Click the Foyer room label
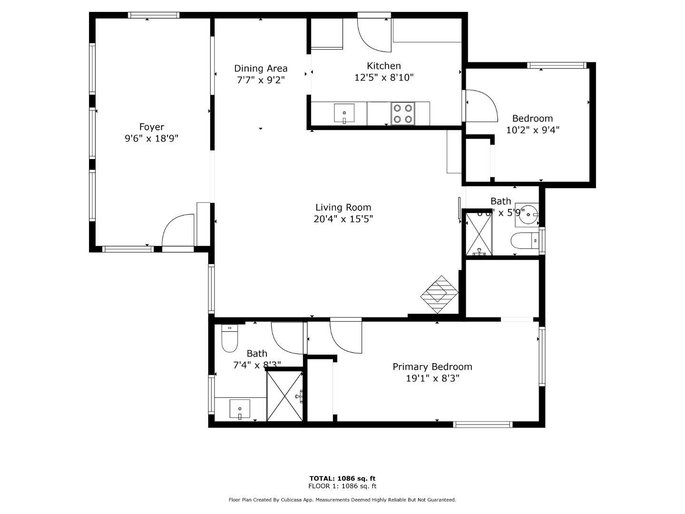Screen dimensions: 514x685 (151, 127)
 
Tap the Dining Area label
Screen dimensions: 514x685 (261, 69)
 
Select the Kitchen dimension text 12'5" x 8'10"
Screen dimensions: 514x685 (384, 78)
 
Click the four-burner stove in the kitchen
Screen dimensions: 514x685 (402, 114)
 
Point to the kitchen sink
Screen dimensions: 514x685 (344, 114)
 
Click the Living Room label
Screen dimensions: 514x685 (343, 208)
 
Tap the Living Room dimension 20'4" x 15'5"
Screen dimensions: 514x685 (343, 219)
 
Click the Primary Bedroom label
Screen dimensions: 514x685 (432, 367)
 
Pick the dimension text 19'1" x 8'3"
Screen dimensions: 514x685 (432, 379)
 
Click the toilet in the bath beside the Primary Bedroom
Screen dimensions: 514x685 (229, 339)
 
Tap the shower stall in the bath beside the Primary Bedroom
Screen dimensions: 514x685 (284, 396)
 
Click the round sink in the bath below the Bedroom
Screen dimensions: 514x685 (528, 215)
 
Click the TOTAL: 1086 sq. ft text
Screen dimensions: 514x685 (342, 478)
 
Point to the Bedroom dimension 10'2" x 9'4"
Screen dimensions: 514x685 (532, 130)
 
